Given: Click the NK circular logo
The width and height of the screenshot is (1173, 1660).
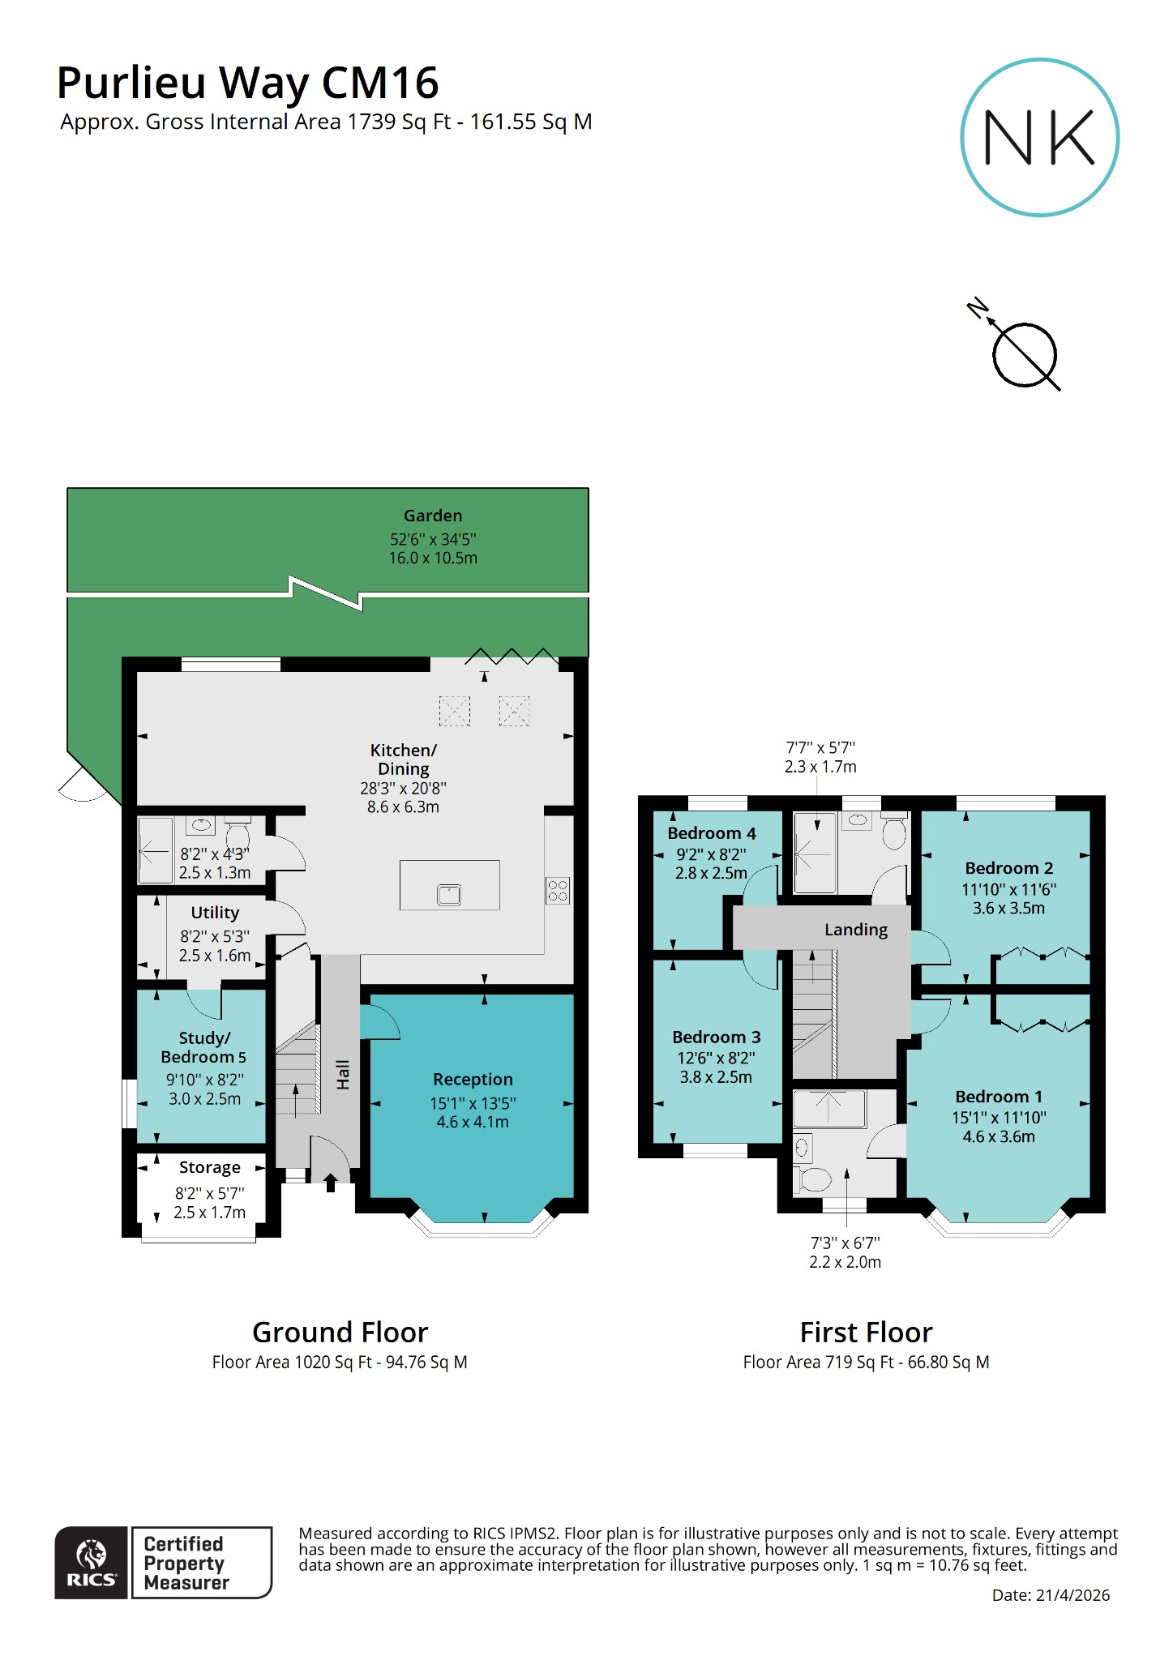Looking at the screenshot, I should [x=1039, y=137].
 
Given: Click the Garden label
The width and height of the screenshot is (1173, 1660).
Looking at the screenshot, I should [x=433, y=516].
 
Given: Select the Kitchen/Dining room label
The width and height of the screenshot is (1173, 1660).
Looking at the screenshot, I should [x=403, y=759].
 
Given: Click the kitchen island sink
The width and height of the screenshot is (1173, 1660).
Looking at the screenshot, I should [x=449, y=895].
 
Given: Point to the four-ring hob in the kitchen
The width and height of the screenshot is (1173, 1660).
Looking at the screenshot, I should [x=558, y=890].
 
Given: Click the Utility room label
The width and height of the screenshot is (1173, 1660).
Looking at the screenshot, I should [x=215, y=913].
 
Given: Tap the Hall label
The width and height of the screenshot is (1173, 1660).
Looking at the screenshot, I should [x=343, y=1074].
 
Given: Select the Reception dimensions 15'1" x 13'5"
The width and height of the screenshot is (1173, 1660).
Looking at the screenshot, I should [x=473, y=1103].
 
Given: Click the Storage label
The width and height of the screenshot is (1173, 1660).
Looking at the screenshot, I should [x=209, y=1167].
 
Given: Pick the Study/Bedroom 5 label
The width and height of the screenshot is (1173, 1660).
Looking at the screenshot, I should [x=203, y=1047].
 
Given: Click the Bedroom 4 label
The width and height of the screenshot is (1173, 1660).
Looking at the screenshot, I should [x=711, y=833].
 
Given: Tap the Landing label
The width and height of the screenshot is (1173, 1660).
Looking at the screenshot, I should [x=855, y=930].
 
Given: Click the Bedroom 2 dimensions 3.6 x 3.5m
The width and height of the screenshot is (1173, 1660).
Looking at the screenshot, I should [x=1008, y=908].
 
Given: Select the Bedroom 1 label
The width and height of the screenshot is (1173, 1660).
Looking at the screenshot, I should [x=998, y=1097].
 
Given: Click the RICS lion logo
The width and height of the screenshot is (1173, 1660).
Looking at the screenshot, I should [x=91, y=1561].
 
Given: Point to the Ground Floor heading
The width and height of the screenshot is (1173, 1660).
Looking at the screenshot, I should [x=340, y=1333].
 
